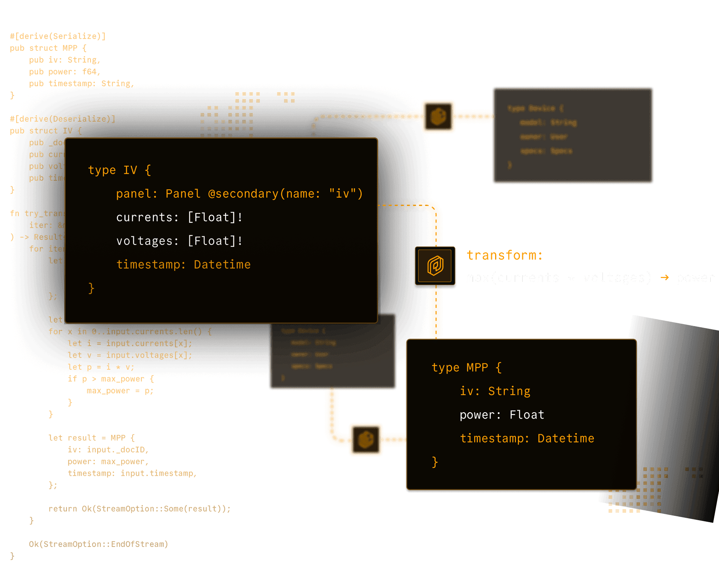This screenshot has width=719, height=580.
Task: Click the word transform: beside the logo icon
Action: point(505,256)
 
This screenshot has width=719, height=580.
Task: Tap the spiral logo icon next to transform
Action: point(435,266)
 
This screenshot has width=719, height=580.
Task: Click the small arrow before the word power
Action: point(665,278)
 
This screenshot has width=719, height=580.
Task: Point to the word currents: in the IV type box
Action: point(147,217)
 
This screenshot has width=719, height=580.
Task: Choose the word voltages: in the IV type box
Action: point(147,241)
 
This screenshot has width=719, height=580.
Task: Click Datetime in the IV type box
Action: point(222,265)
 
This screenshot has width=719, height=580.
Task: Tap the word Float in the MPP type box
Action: point(527,415)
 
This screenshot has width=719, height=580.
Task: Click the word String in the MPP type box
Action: point(509,391)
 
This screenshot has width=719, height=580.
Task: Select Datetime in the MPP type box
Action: point(566,438)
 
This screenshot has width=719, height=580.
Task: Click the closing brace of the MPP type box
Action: point(435,462)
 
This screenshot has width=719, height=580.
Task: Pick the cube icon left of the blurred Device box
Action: point(438,117)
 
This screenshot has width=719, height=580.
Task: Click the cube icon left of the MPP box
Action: point(366,439)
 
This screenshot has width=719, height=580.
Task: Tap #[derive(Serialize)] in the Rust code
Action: point(57,36)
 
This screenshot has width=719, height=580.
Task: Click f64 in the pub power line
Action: point(89,72)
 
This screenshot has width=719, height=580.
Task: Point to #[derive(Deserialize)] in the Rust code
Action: point(63,119)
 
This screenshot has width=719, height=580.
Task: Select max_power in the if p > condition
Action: point(123,379)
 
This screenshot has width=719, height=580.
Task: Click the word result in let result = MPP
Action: point(82,438)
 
